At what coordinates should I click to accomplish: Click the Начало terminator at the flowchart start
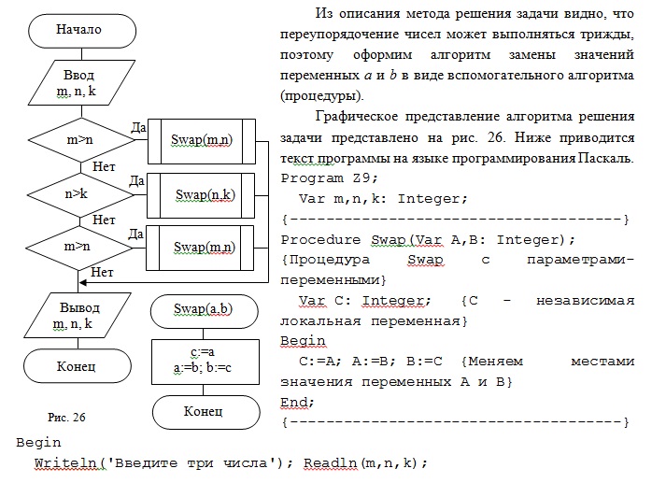pyautogui.click(x=82, y=31)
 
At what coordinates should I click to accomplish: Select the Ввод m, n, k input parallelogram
pyautogui.click(x=81, y=82)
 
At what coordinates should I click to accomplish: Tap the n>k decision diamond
pyautogui.click(x=80, y=194)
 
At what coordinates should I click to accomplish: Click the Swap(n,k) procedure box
pyautogui.click(x=201, y=195)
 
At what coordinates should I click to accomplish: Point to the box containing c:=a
pyautogui.click(x=205, y=362)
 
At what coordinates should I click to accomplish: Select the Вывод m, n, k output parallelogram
pyautogui.click(x=78, y=315)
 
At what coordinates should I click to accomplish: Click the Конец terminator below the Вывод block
pyautogui.click(x=78, y=366)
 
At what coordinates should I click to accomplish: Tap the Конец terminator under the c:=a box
pyautogui.click(x=206, y=412)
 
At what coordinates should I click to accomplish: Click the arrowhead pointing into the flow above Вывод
pyautogui.click(x=83, y=282)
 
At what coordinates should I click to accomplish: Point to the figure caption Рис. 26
pyautogui.click(x=66, y=418)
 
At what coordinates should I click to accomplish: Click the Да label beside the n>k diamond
pyautogui.click(x=136, y=181)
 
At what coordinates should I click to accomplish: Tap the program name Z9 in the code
pyautogui.click(x=361, y=178)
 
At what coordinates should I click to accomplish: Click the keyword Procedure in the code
pyautogui.click(x=320, y=239)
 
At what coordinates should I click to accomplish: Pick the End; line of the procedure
pyautogui.click(x=297, y=402)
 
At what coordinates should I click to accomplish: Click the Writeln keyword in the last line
pyautogui.click(x=65, y=462)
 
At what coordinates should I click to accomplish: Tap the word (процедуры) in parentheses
pyautogui.click(x=322, y=95)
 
